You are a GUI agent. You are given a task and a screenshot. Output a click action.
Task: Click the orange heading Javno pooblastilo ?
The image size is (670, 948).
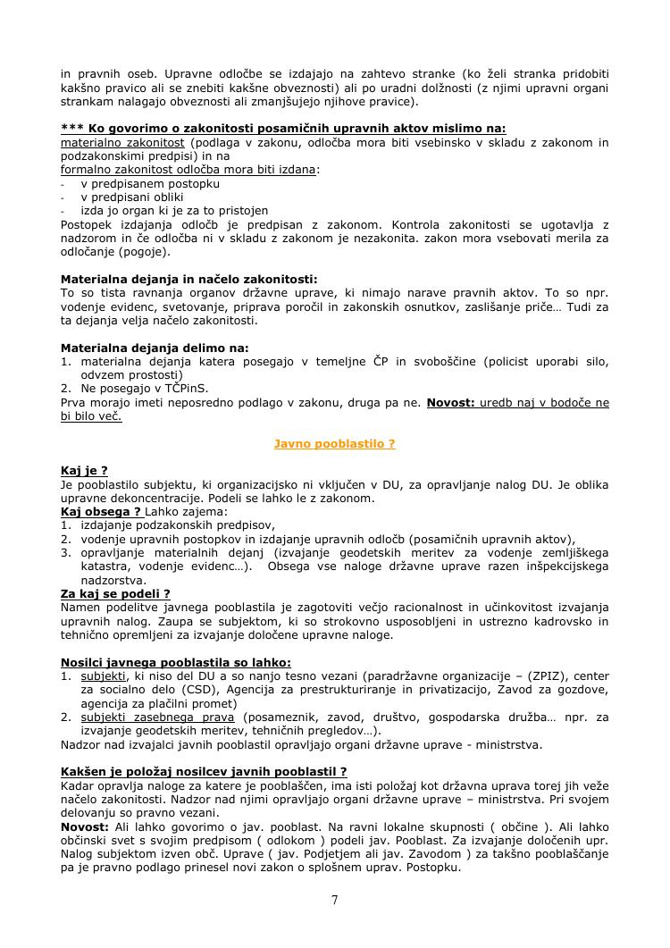tap(334, 443)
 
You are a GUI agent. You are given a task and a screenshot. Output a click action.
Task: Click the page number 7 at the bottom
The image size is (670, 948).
tap(334, 900)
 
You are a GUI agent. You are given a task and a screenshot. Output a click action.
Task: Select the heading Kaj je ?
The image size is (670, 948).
tap(84, 471)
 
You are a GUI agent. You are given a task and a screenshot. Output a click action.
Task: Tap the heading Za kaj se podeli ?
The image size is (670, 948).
tap(115, 593)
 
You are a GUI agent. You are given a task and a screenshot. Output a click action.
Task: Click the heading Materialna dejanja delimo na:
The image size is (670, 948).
tap(155, 348)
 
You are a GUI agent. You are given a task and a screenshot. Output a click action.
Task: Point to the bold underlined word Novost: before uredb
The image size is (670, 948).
tap(450, 403)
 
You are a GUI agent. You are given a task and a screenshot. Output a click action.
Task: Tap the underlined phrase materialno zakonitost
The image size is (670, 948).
tap(122, 142)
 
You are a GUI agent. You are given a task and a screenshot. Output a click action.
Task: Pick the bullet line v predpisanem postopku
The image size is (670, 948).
tap(150, 183)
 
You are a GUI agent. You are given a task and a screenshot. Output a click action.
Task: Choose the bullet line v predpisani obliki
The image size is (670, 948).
tap(132, 197)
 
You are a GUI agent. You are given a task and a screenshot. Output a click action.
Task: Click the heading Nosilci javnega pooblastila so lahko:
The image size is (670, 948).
tap(176, 662)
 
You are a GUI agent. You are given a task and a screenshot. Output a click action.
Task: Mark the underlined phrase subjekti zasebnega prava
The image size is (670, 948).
tap(158, 717)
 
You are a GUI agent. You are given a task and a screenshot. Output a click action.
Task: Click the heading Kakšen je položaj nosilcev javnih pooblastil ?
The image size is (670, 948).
tap(204, 771)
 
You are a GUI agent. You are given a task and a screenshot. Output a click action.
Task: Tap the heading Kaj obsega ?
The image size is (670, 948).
tap(101, 512)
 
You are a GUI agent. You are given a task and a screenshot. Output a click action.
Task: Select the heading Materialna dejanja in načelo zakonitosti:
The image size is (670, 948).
tap(189, 279)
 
